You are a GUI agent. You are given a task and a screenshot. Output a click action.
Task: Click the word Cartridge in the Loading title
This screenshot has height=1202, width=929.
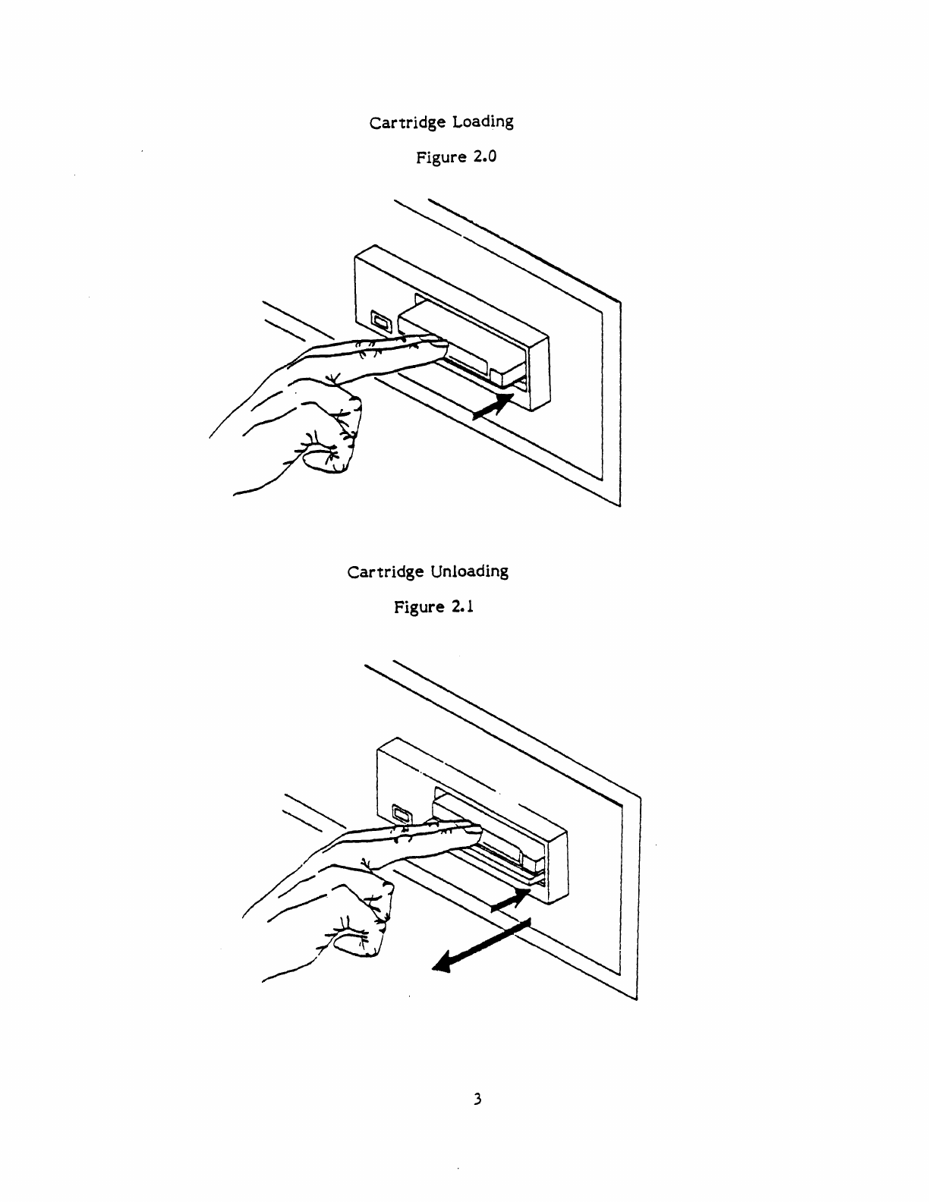(x=408, y=123)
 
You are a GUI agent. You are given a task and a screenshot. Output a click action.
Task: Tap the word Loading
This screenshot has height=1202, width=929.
(x=483, y=121)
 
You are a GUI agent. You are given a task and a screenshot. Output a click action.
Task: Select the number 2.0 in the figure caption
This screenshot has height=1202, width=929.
(x=485, y=156)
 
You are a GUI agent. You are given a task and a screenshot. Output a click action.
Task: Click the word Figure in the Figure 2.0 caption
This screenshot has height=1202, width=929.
(x=441, y=158)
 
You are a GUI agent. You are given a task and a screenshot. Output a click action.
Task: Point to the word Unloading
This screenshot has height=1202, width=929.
(x=469, y=571)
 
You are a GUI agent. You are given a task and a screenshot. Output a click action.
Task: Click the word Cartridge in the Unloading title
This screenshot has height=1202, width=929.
(x=385, y=572)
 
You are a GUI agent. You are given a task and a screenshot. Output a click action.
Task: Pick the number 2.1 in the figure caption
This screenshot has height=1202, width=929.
(x=462, y=607)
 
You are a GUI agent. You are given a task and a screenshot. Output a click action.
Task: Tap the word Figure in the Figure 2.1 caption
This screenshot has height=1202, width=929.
(x=419, y=607)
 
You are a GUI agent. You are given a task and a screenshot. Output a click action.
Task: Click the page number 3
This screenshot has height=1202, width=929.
(x=477, y=1099)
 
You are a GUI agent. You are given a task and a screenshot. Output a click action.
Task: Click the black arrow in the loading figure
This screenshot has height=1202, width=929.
(x=493, y=407)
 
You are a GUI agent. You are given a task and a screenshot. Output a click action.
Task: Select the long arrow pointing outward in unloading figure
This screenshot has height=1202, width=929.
(x=481, y=945)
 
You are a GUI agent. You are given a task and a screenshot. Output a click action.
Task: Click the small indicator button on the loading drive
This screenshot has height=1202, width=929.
(x=381, y=321)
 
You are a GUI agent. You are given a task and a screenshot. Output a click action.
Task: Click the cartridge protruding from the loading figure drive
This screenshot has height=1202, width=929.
(x=462, y=341)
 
